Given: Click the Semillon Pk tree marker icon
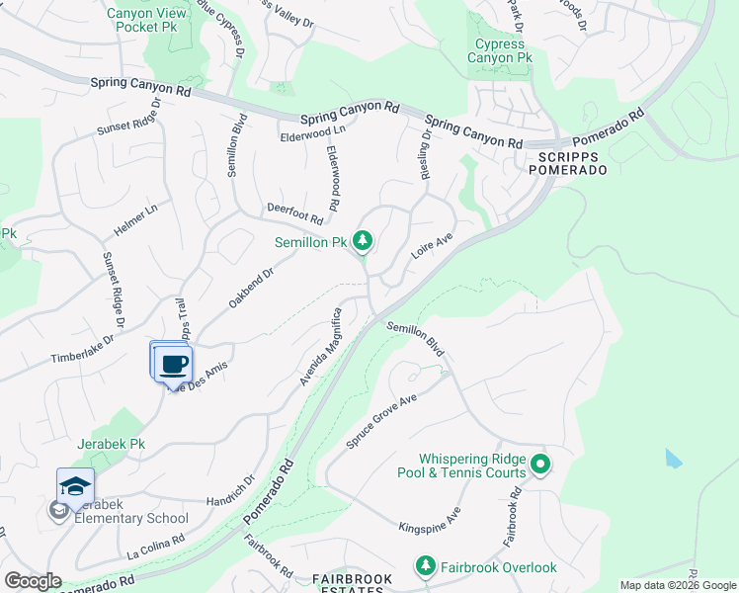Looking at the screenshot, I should point(364,240).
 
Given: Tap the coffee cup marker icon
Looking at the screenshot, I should point(174,365).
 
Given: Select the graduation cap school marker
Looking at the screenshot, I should point(76,485).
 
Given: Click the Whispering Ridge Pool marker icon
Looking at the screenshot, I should point(539,463).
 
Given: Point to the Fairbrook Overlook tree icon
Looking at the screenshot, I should point(425,566).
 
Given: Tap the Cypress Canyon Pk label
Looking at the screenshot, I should point(504,51).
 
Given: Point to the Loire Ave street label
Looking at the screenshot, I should point(432,244).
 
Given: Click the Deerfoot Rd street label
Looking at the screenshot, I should point(294,212).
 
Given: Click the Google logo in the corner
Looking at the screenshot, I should point(33,581).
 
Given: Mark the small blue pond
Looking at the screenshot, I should point(673,459).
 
